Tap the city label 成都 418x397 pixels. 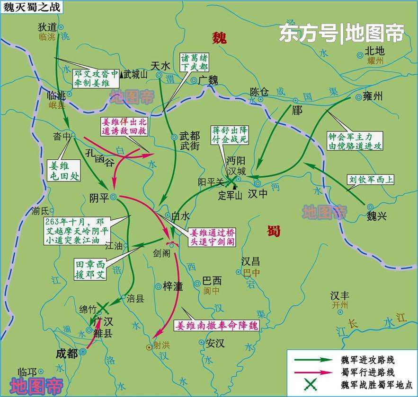pos(66,353)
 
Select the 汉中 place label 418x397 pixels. pos(258,194)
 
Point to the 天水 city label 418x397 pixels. pos(160,65)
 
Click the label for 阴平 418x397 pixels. pos(99,198)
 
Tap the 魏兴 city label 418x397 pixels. pos(377,216)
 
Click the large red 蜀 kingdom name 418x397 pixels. pos(273,231)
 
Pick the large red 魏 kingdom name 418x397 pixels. pos(219,37)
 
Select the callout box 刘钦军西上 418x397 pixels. pos(372,180)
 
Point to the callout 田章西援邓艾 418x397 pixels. pos(90,269)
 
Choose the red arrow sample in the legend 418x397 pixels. pos(312,372)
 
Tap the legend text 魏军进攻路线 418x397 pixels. pos(367,360)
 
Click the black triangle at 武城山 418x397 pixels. pos(121,74)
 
